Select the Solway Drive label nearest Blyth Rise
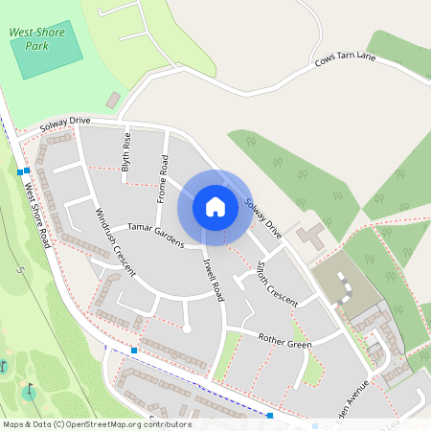coord(65,125)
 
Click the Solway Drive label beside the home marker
coord(262,218)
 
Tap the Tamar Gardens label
coord(155,235)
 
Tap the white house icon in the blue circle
coord(215,206)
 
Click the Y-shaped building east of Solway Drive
coord(310,235)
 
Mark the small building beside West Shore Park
coord(113,100)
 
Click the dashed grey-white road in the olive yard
coord(340,285)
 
